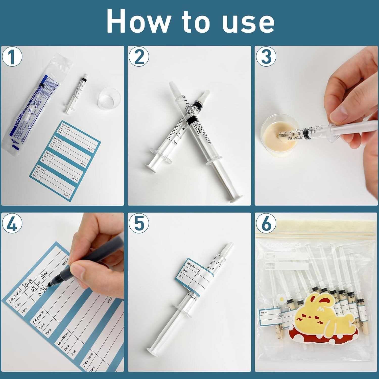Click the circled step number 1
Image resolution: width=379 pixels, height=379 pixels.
click(12, 57)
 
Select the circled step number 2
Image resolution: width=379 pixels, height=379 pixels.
click(139, 57)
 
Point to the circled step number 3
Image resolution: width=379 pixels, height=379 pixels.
click(266, 57)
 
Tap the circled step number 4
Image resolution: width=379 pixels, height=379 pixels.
click(12, 223)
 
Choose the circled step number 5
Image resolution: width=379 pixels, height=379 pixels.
click(139, 223)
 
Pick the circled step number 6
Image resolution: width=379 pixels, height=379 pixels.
click(266, 223)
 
